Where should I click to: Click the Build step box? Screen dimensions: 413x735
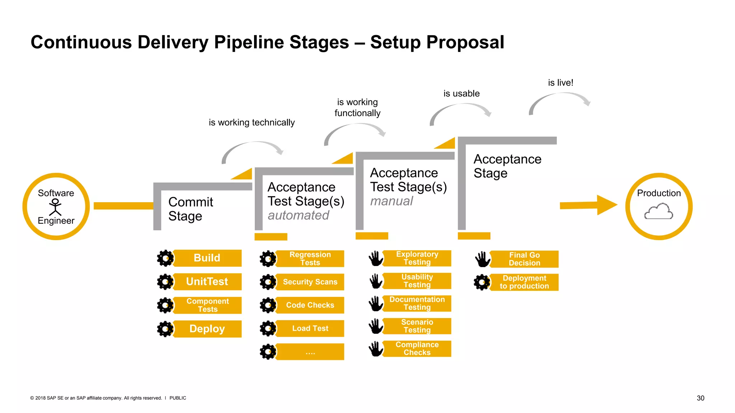coord(207,258)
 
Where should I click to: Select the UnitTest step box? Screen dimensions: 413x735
coord(207,281)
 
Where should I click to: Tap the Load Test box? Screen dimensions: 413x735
coord(310,328)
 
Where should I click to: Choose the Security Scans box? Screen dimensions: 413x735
coord(310,282)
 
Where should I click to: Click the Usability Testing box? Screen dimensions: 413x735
coord(417,281)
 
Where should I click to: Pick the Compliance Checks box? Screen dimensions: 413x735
coord(417,348)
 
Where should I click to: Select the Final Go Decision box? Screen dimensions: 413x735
coord(524,259)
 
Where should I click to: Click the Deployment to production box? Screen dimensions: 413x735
coord(524,282)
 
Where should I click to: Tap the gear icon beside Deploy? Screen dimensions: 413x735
coord(165,329)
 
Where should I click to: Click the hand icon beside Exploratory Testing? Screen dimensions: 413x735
coord(376,258)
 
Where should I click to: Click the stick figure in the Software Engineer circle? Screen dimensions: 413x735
coord(55,207)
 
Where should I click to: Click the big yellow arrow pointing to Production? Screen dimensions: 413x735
coord(589,205)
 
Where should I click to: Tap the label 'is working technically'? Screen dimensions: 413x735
coord(252,123)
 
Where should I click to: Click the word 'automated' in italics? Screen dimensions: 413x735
coord(298,215)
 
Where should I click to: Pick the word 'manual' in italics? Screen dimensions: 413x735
coord(392,201)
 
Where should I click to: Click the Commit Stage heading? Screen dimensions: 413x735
coord(191,209)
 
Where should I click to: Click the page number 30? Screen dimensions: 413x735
coord(700,398)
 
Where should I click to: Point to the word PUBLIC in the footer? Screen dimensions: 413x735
coord(178,398)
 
